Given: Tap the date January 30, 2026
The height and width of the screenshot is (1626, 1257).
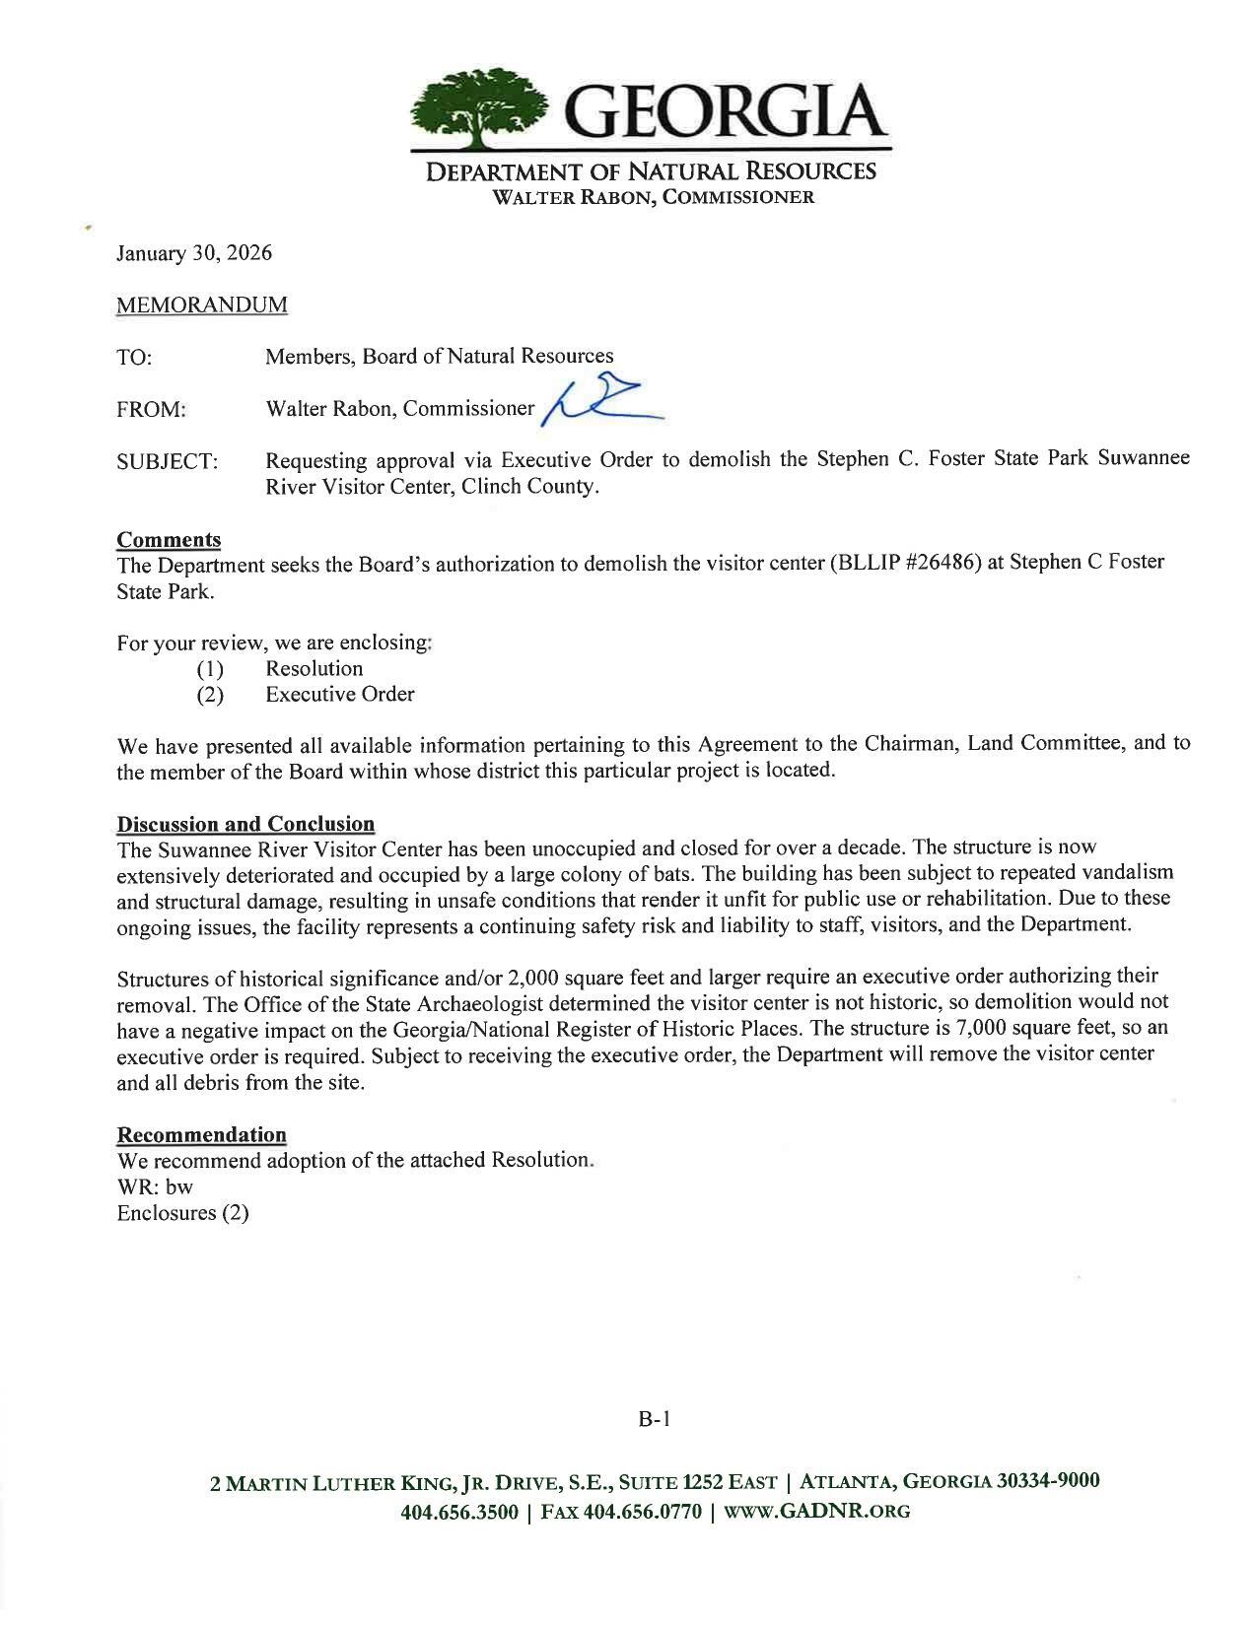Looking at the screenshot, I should pos(193,253).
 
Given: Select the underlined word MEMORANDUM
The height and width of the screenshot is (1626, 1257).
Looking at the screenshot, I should pos(201,305).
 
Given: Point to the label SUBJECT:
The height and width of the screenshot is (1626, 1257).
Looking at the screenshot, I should pos(167,461).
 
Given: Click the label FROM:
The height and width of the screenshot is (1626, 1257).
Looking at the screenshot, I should pos(151,409).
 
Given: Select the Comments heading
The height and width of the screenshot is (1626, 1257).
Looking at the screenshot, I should pos(168,540).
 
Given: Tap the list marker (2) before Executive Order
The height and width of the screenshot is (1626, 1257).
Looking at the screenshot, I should pos(210,695).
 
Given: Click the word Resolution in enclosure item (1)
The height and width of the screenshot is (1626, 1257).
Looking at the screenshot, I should pos(314,668).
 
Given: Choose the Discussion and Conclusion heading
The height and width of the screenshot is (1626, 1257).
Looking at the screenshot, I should pos(245,824).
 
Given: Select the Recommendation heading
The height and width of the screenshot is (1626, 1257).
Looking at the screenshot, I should pos(201,1134).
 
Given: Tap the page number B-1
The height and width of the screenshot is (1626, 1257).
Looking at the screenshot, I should pos(654,1419).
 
